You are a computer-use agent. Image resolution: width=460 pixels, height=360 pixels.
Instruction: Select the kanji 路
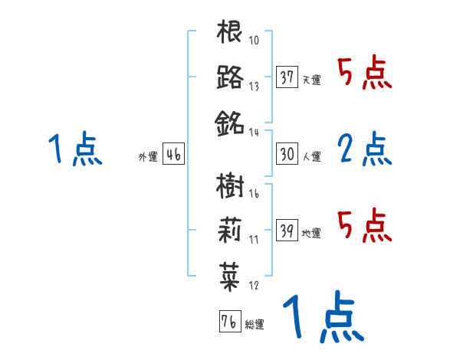229,77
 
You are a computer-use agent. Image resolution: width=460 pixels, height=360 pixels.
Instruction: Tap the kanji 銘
229,122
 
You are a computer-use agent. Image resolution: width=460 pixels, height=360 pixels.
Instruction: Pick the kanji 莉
229,229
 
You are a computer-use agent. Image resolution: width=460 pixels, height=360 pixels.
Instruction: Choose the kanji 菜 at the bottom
229,274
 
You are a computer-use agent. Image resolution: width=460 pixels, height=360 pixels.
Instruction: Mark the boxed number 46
173,154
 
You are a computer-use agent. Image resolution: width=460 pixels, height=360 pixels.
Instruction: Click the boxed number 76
228,321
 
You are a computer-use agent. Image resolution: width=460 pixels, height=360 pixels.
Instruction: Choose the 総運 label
254,324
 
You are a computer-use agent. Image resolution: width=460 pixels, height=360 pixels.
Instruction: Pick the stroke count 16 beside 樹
254,195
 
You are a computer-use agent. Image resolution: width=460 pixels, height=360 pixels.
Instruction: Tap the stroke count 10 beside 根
254,41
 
